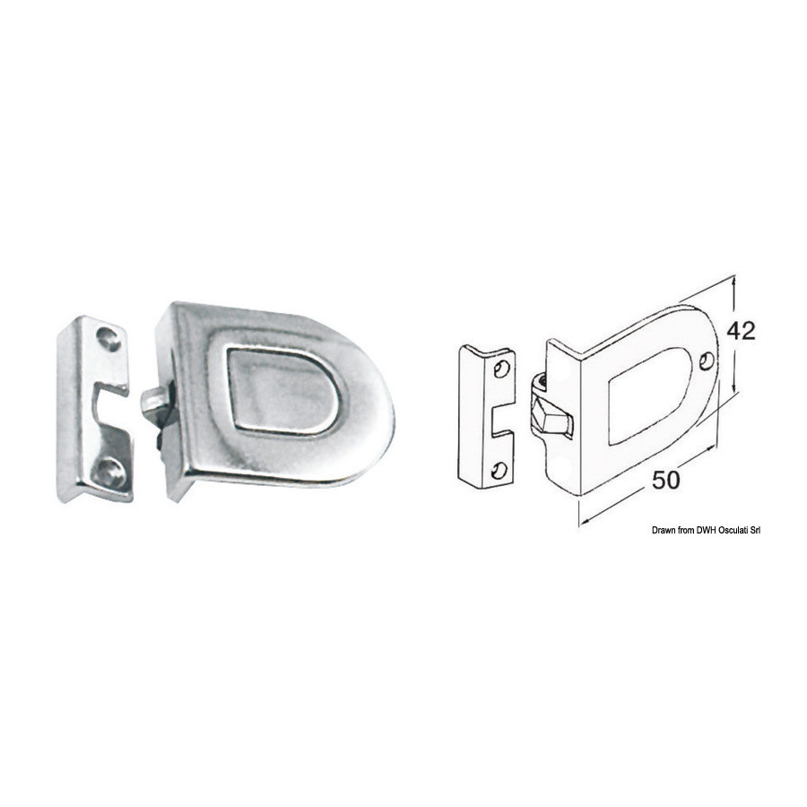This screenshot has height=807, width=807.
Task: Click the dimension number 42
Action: tap(741, 331)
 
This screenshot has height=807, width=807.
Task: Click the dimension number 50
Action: tap(665, 481)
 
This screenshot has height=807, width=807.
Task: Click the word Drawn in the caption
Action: tap(663, 530)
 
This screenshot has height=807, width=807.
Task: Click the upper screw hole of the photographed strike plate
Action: tap(108, 338)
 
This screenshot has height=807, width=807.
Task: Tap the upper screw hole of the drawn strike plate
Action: tap(500, 369)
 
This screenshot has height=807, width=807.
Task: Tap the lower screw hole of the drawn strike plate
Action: tap(499, 471)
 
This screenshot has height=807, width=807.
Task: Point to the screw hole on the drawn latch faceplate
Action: tap(707, 361)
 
